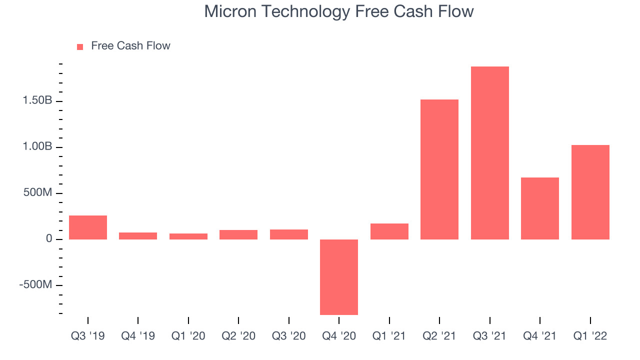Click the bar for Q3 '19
click(x=88, y=227)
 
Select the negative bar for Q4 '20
click(x=339, y=277)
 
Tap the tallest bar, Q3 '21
click(x=489, y=153)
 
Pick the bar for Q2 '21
click(x=439, y=169)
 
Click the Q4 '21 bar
click(x=540, y=208)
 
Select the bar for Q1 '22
click(x=590, y=192)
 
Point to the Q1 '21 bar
click(x=389, y=231)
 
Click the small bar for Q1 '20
click(x=188, y=236)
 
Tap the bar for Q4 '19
click(x=138, y=236)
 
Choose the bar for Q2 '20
click(x=238, y=234)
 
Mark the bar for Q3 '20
click(x=289, y=234)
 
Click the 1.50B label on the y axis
click(x=37, y=100)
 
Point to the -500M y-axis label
click(x=35, y=284)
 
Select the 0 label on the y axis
click(x=49, y=238)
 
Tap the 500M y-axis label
click(x=37, y=192)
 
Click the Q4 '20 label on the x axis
click(x=339, y=336)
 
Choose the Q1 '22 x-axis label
click(x=590, y=336)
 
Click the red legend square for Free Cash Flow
click(x=80, y=47)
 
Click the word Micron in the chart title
click(x=230, y=11)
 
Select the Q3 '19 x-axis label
click(x=87, y=336)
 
